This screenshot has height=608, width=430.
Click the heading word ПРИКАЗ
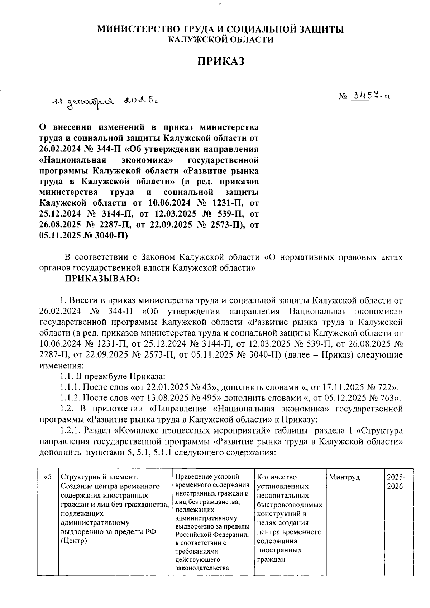coord(221,61)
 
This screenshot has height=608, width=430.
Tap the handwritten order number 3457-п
coord(371,96)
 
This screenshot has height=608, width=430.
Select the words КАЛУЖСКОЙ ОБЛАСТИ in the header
coord(221,39)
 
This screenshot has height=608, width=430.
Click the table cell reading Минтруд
coord(344,477)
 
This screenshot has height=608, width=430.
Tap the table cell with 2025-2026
coord(396,482)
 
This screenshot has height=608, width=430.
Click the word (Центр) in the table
coord(74,541)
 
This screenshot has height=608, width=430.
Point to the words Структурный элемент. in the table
coord(99,477)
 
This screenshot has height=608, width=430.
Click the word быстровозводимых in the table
coord(290,505)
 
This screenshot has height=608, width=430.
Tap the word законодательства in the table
coord(202,568)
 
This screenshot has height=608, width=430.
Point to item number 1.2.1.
coord(70,430)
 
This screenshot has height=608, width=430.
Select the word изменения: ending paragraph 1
coord(61,366)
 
